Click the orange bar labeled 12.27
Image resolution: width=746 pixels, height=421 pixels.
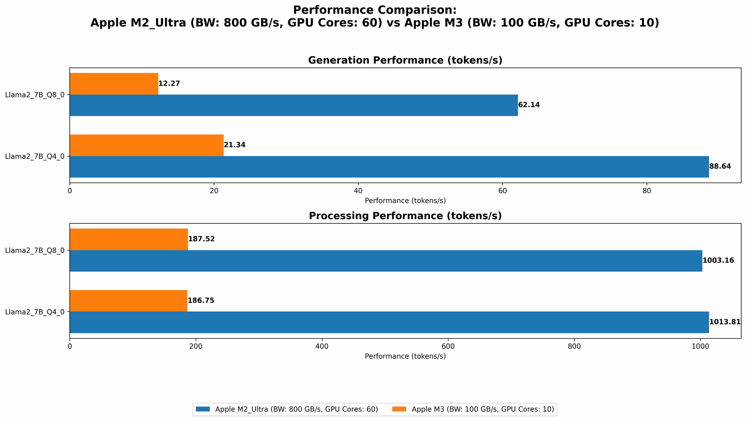114,84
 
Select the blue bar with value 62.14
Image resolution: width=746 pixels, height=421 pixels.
294,105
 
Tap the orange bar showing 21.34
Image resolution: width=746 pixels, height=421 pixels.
147,145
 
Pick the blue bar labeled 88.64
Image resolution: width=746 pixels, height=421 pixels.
389,167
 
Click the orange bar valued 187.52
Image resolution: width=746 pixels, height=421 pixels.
129,239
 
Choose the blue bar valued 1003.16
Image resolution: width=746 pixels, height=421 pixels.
386,261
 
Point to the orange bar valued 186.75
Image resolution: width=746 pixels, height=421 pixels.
128,301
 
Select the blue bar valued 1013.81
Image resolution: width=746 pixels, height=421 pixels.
389,322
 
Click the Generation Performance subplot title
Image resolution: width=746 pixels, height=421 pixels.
405,60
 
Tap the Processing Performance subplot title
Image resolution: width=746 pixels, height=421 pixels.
405,216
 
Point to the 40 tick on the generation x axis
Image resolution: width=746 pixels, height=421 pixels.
358,191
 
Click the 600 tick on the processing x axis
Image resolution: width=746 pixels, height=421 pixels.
448,346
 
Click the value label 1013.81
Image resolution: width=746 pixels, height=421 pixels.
725,322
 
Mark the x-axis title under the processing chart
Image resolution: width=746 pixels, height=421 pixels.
405,356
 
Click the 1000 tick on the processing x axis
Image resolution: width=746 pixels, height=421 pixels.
700,346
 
